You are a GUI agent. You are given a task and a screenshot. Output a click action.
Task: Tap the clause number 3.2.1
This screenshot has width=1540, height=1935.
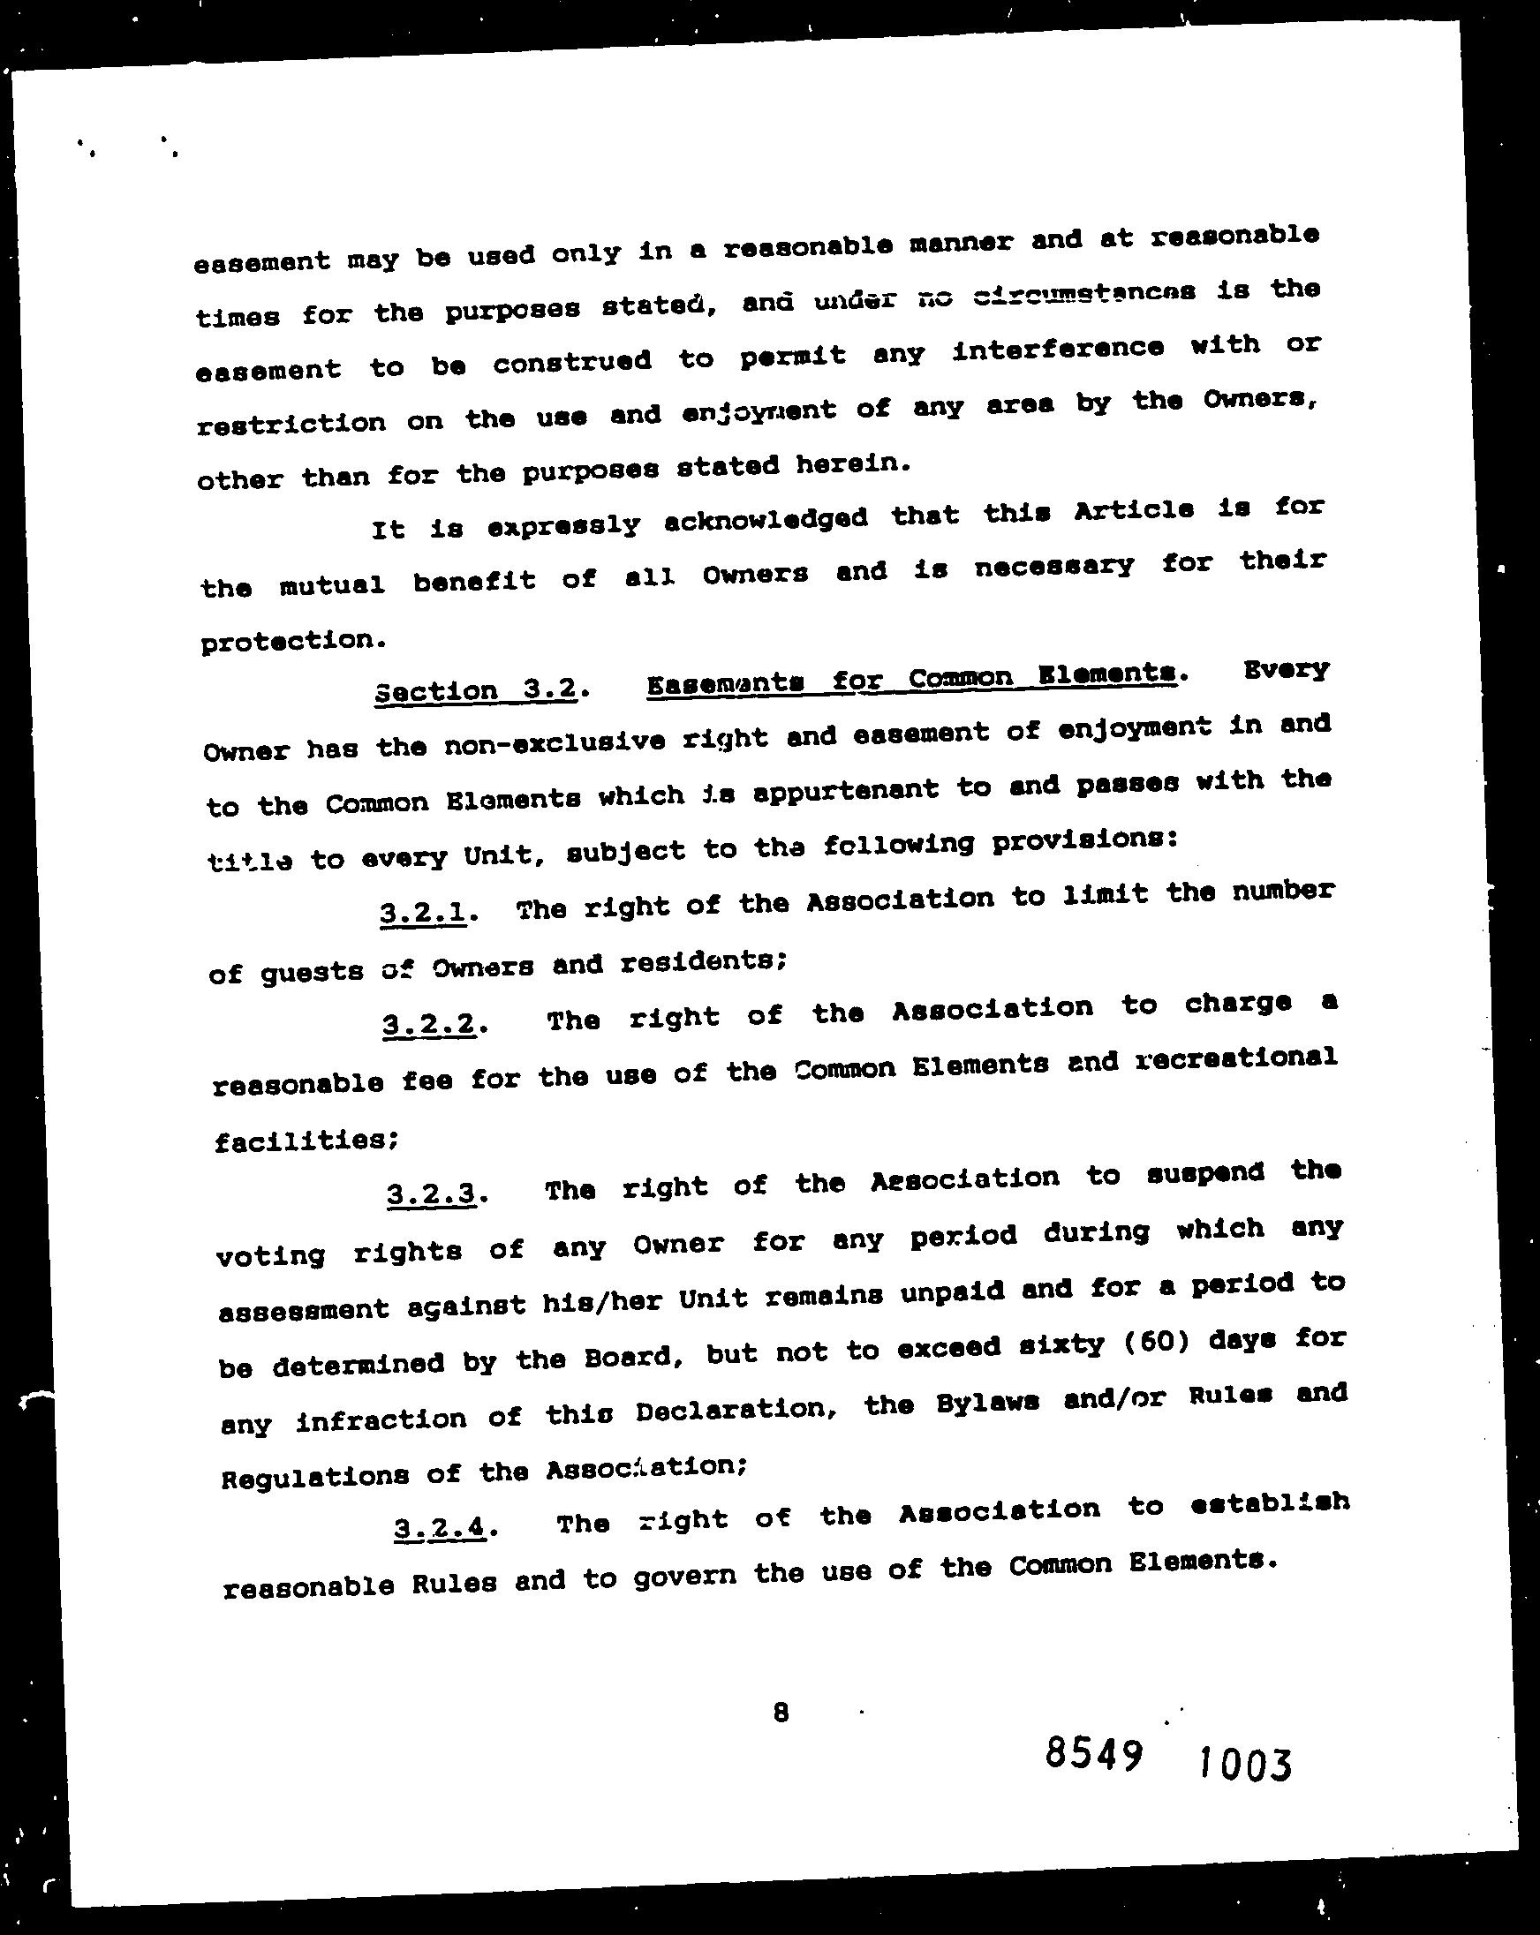point(423,913)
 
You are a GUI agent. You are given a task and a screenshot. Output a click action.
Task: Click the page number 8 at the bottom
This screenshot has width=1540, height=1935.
point(781,1713)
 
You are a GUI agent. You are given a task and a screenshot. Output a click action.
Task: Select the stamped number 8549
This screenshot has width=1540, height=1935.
point(1094,1753)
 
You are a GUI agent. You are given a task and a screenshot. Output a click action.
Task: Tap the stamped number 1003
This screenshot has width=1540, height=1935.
point(1244,1765)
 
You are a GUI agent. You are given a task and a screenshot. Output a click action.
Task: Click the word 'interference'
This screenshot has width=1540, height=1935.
point(1058,348)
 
